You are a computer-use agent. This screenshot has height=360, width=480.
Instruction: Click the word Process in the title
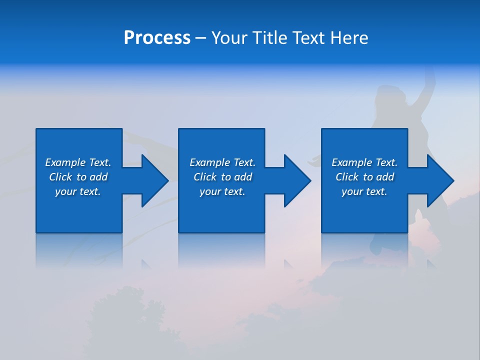point(157,38)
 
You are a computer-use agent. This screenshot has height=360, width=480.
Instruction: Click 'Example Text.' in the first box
point(78,162)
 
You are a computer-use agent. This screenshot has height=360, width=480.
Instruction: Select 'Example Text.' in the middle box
point(222,162)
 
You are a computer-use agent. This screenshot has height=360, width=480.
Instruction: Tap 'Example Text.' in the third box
point(364,162)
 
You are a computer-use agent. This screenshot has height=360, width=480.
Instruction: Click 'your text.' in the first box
point(78,191)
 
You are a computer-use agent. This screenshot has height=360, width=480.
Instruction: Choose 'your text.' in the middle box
point(222,191)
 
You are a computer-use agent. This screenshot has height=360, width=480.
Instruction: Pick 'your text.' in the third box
point(364,191)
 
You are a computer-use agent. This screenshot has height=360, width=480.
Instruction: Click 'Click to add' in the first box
point(78,177)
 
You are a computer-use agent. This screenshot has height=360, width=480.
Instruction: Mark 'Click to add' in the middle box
point(222,177)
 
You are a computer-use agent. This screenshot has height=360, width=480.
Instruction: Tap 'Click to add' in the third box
point(364,177)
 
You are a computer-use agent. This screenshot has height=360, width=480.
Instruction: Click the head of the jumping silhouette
point(388,95)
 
